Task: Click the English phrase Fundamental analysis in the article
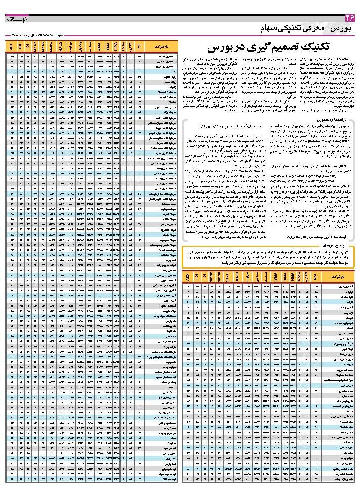click(x=334, y=69)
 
